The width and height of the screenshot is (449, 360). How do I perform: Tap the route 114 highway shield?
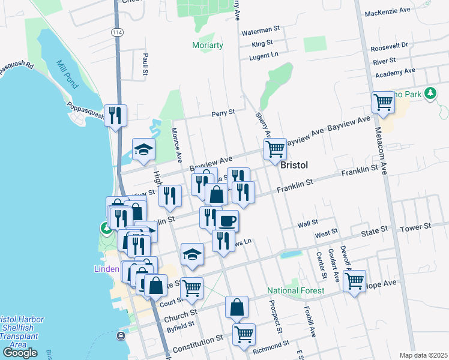116,31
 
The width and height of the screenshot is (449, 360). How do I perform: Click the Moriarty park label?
208,46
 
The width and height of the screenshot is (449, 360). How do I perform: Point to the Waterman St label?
261,28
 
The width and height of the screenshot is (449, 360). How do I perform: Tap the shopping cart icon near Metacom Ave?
382,102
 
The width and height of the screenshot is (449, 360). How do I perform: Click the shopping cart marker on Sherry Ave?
274,148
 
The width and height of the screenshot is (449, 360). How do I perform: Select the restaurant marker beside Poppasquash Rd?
115,115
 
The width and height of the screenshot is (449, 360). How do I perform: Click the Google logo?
20,353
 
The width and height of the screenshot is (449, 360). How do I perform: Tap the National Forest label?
296,291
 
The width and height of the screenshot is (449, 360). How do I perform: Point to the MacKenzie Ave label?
387,11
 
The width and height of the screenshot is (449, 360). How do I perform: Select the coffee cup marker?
227,220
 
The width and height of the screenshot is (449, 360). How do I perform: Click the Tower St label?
416,227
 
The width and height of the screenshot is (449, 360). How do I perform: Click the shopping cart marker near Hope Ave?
355,280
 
